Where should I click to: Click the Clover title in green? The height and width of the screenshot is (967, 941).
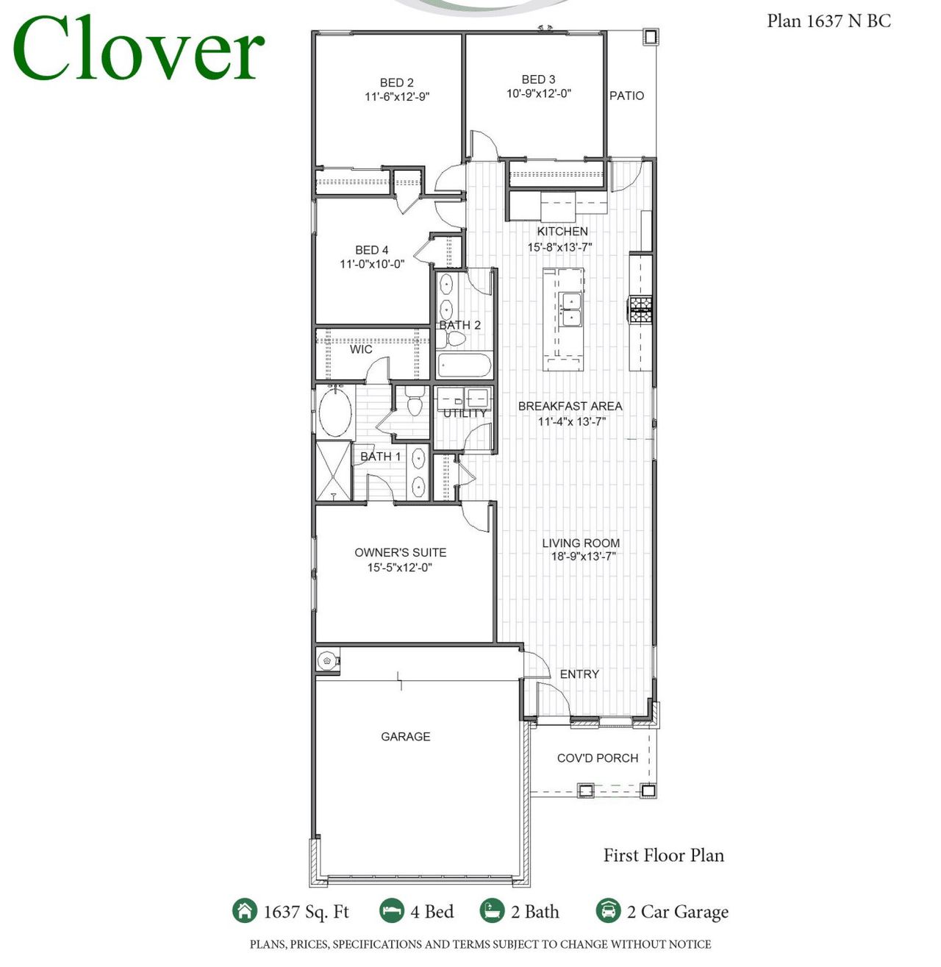(138, 49)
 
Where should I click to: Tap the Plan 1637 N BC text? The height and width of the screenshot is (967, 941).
(829, 21)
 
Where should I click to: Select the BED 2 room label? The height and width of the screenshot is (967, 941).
(396, 82)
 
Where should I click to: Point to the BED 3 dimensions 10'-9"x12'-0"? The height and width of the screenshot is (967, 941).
(538, 94)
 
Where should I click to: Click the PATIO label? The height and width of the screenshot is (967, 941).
(626, 96)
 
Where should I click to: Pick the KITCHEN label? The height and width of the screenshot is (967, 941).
(562, 232)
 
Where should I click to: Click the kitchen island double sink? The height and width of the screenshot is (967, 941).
(570, 310)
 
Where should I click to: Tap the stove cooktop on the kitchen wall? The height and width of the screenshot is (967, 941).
(640, 310)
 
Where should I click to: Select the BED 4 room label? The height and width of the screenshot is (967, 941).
(371, 250)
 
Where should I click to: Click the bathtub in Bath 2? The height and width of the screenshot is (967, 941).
(463, 365)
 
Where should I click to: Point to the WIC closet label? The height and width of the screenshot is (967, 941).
(360, 349)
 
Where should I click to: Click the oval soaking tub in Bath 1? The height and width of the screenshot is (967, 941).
(335, 412)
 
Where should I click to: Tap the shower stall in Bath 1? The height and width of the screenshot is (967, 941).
(334, 471)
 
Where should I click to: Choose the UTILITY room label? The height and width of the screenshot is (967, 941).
(465, 413)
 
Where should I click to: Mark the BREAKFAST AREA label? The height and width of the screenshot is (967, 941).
(570, 406)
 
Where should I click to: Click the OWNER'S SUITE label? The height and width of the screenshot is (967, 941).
(400, 552)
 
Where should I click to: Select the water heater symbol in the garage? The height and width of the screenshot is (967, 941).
(327, 660)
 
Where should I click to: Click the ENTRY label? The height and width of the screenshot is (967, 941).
(579, 674)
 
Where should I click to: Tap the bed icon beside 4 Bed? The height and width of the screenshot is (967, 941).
(392, 910)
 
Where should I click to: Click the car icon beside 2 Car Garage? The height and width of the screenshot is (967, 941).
(608, 910)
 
